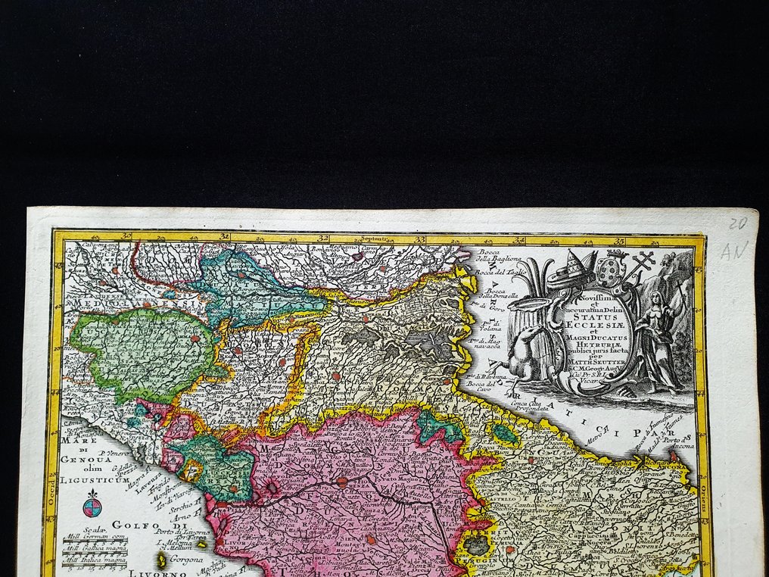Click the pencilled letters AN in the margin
click(734, 250)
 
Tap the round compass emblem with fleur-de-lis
click(92, 503)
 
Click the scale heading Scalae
click(94, 529)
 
